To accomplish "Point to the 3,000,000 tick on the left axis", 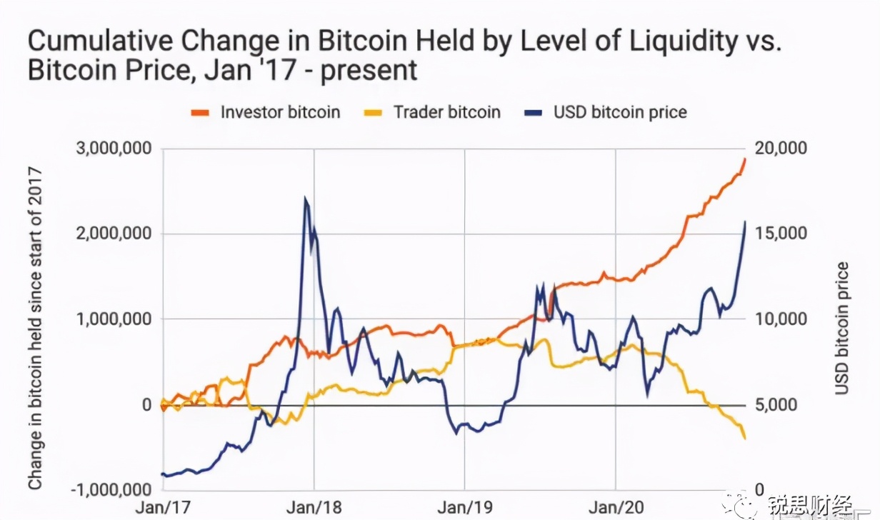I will (x=114, y=149).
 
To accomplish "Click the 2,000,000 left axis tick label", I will (x=114, y=234).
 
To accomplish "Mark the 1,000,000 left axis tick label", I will (x=114, y=319).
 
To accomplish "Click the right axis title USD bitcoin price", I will (x=843, y=328).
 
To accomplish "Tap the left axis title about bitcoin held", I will (x=34, y=328).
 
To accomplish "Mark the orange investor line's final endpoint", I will (x=745, y=158).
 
